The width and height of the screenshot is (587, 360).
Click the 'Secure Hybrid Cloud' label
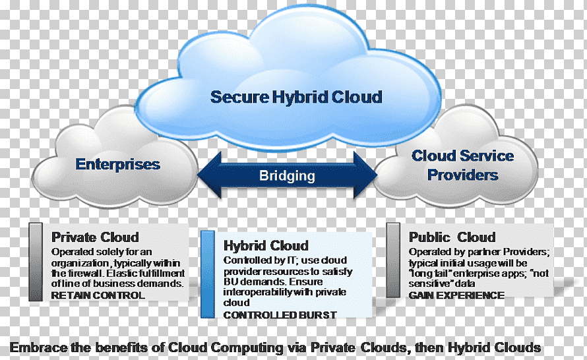click(x=296, y=97)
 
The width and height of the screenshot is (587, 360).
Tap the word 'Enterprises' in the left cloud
click(x=118, y=164)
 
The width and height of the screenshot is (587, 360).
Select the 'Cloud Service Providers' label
click(x=463, y=165)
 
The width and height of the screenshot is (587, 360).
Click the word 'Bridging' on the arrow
click(x=287, y=175)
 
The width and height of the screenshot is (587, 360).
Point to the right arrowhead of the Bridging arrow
click(x=366, y=175)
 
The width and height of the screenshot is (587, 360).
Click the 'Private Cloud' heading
click(x=95, y=237)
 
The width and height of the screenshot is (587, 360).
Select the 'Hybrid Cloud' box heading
click(x=266, y=246)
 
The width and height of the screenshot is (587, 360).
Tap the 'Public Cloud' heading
click(x=452, y=237)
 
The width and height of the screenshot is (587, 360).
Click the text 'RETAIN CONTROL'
click(x=98, y=295)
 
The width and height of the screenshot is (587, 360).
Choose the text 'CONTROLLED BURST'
click(x=280, y=315)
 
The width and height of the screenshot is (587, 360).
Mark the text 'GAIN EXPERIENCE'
click(x=456, y=295)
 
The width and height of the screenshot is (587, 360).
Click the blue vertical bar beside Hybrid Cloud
click(x=208, y=274)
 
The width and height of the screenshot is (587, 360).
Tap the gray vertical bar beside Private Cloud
click(x=36, y=262)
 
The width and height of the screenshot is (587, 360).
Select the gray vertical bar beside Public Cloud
click(x=393, y=260)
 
